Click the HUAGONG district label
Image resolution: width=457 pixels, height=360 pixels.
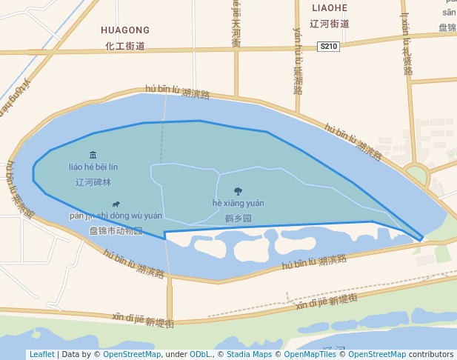(x=125, y=30)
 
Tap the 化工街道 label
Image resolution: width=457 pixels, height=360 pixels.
(x=125, y=46)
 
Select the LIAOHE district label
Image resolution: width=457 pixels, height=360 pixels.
(x=330, y=7)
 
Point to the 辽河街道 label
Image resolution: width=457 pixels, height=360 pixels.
(x=330, y=24)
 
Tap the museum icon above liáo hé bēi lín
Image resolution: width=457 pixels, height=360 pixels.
(x=93, y=155)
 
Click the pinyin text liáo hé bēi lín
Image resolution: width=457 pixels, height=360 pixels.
(x=93, y=167)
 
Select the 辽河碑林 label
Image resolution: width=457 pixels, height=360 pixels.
(x=93, y=181)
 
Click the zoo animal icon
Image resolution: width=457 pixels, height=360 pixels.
(x=116, y=204)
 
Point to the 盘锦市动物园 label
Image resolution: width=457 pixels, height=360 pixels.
(x=116, y=230)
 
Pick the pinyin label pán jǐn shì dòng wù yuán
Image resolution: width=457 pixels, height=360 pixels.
(x=116, y=216)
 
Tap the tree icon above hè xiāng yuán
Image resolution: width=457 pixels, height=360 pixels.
(x=238, y=191)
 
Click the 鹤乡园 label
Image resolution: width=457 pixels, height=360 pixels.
(x=238, y=219)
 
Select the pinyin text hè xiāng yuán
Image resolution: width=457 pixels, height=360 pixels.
(x=238, y=204)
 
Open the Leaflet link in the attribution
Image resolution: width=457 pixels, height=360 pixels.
(x=41, y=354)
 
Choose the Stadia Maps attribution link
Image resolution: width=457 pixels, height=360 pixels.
(x=249, y=354)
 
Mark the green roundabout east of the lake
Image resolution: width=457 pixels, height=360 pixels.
(x=416, y=176)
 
